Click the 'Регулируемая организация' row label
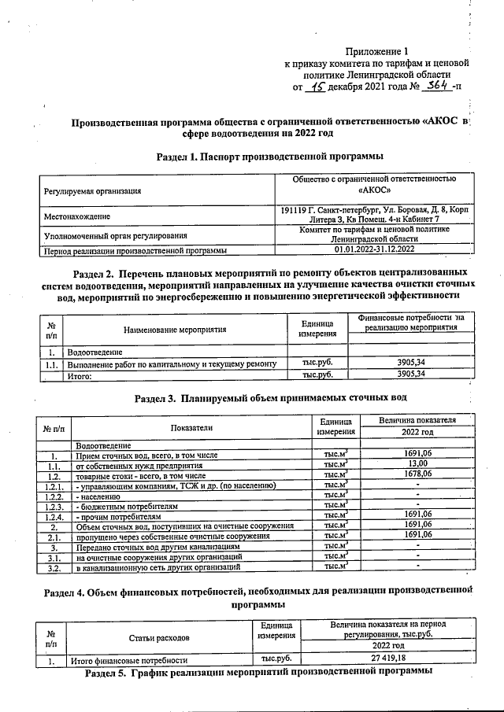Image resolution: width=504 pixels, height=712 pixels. click(x=93, y=190)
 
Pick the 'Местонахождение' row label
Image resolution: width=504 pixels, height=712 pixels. click(x=77, y=216)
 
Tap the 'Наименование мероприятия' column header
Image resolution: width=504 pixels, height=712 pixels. click(x=175, y=330)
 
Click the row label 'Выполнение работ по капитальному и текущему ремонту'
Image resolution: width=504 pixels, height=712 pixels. click(x=172, y=364)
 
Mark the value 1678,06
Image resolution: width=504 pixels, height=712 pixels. click(x=417, y=474)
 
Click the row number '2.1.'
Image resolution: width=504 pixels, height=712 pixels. click(x=54, y=536)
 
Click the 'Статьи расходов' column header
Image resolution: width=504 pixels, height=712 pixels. click(x=159, y=637)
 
